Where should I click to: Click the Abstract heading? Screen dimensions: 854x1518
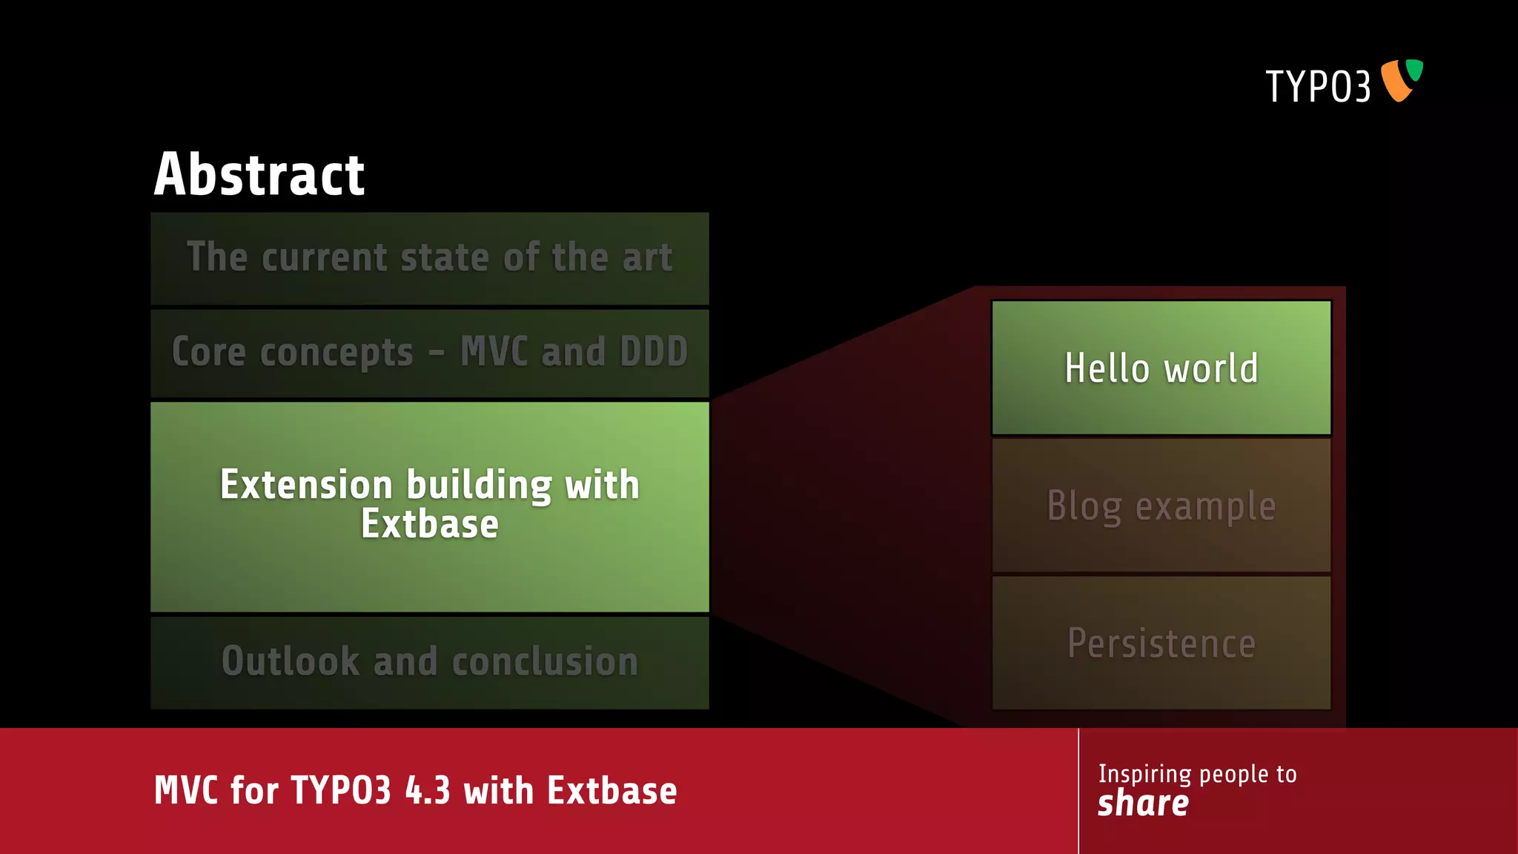259,175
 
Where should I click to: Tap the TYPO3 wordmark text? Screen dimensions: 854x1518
1317,87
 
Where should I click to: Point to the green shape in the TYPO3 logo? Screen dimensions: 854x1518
1415,70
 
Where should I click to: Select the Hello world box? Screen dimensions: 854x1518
1161,368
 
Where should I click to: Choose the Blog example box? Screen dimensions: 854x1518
1161,506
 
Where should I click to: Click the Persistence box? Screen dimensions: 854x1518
1161,643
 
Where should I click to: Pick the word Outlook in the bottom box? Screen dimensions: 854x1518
291,661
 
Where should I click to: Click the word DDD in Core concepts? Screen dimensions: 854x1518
654,351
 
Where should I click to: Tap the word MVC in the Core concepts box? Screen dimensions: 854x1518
494,351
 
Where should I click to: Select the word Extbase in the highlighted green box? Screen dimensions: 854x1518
429,524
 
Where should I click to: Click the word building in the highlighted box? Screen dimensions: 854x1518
479,486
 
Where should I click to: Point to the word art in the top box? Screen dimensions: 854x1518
647,257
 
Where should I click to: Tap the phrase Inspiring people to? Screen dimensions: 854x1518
1197,774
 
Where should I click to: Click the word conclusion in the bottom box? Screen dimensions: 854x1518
545,661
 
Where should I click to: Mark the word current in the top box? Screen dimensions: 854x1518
324,257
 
